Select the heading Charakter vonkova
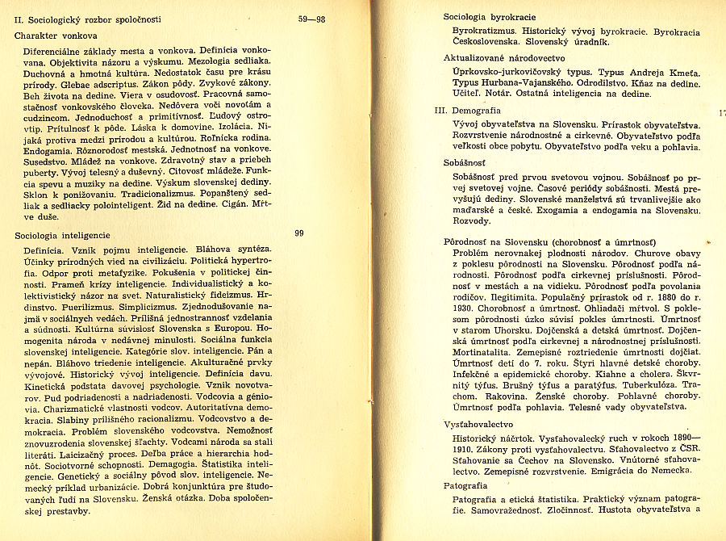56,36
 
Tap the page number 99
298,233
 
